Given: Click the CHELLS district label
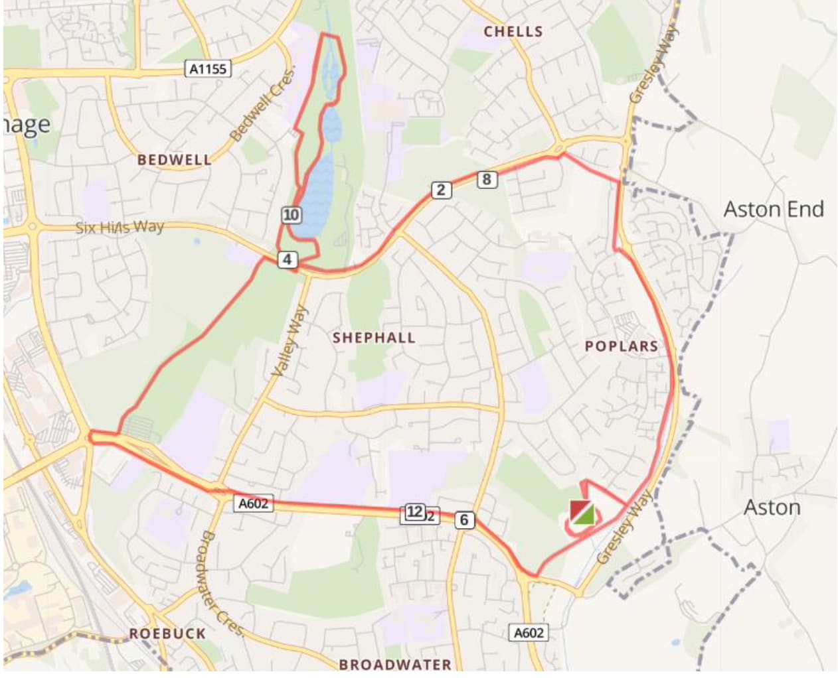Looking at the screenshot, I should (513, 31).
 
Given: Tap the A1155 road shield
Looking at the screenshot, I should (208, 68).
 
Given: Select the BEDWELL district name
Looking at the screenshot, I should (174, 160).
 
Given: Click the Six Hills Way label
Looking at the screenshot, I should (120, 228).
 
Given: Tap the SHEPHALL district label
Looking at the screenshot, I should (374, 338).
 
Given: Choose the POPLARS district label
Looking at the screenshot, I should (622, 346).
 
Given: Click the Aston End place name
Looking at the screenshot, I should (773, 210).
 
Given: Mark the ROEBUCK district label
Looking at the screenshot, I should (167, 634).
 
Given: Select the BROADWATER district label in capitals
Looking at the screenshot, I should (395, 664).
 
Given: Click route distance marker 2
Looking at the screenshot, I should (441, 190).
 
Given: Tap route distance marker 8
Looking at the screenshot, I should (487, 179).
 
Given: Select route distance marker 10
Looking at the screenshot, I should (291, 214).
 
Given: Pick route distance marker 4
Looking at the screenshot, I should (287, 259).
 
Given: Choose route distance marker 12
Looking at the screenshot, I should (414, 511).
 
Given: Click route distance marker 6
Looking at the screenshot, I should (464, 520).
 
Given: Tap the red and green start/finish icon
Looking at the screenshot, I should (582, 513).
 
